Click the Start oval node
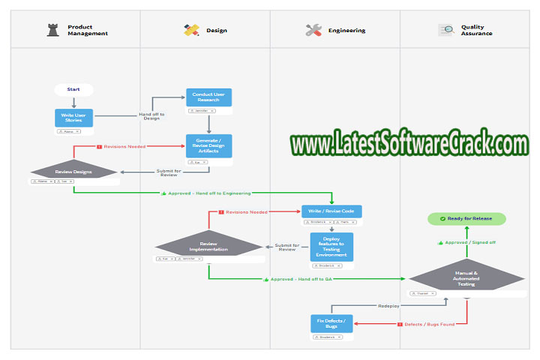[73, 89]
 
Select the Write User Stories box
[73, 118]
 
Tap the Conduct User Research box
[209, 97]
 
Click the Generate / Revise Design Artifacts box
[209, 146]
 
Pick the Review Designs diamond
[73, 172]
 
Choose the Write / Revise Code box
[331, 211]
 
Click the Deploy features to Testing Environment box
[331, 247]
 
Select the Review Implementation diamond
[208, 245]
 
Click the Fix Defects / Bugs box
[331, 324]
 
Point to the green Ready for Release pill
[466, 218]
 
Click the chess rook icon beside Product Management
[52, 30]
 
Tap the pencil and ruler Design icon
[191, 31]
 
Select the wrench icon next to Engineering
[313, 31]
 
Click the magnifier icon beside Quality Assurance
[446, 31]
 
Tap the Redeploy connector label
[388, 306]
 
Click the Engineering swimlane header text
[346, 31]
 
